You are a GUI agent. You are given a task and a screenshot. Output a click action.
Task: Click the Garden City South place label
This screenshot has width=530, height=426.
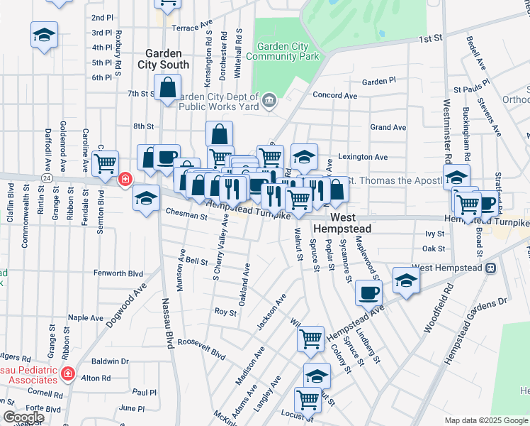tap(167, 59)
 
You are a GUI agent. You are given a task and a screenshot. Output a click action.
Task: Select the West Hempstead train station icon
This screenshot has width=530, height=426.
tap(490, 268)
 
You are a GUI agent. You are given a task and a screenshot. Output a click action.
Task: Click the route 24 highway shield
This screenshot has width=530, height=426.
tap(45, 179)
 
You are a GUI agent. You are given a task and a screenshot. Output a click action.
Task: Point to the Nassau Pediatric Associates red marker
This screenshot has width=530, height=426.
tap(68, 373)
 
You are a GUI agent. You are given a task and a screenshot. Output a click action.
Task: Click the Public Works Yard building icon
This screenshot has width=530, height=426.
tap(269, 100)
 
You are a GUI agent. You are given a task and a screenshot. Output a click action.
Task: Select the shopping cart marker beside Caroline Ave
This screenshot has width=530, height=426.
tap(105, 163)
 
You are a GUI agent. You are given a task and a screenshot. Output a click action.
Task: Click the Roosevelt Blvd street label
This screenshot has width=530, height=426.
tap(201, 349)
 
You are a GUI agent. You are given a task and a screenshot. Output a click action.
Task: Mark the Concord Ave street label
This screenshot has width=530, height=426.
tap(329, 94)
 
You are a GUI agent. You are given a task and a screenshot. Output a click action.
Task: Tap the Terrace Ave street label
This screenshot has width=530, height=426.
tap(193, 26)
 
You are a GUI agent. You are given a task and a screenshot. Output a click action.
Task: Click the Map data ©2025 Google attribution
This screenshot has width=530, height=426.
tap(486, 420)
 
